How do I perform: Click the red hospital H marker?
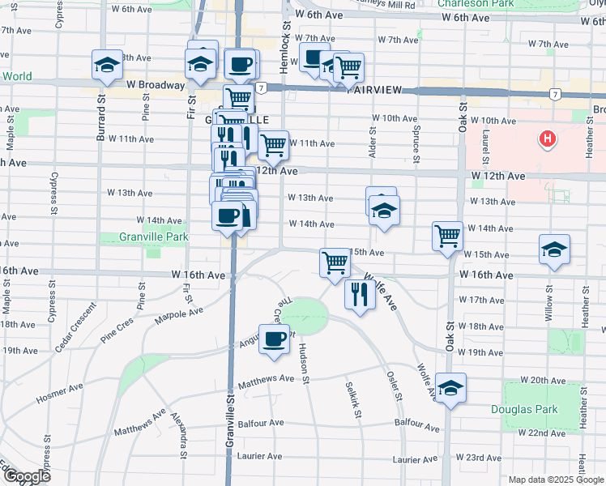548,139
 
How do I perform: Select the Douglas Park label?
525,409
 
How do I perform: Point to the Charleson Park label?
476,3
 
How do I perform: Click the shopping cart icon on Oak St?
447,236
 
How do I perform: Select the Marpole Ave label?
179,309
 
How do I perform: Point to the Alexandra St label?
181,437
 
